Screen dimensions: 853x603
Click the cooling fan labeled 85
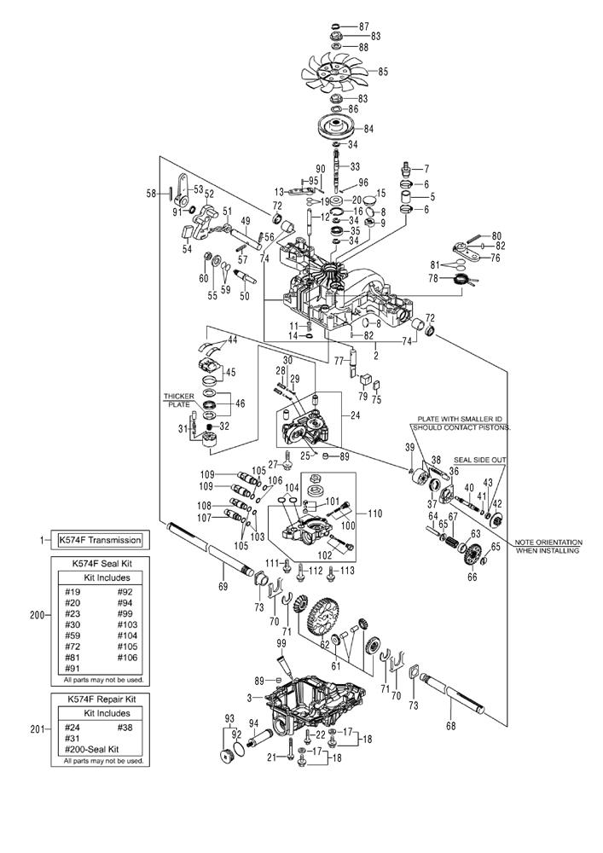332,73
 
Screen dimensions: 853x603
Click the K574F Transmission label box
99,540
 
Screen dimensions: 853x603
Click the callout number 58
152,194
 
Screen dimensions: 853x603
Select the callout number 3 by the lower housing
248,698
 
